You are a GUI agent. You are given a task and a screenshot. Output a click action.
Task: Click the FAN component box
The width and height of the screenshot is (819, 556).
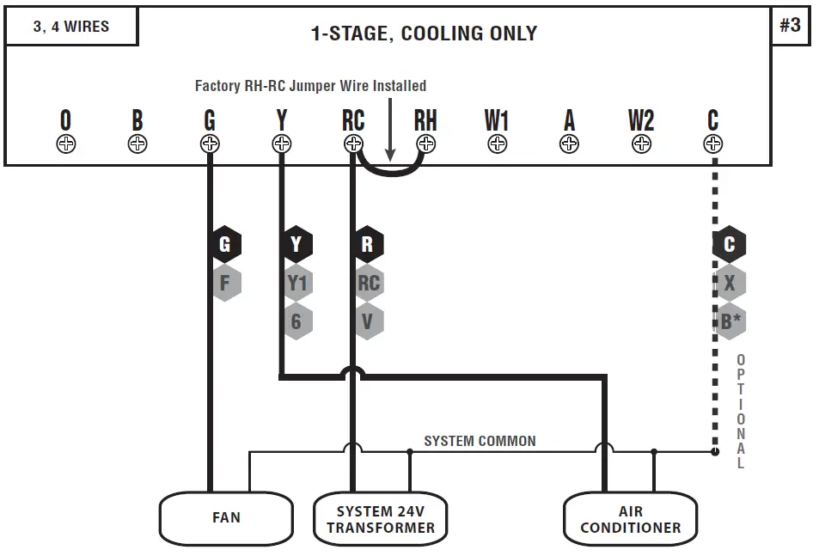pyautogui.click(x=226, y=518)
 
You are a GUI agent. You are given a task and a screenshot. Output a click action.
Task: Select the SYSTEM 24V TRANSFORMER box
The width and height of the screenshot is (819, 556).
pyautogui.click(x=381, y=519)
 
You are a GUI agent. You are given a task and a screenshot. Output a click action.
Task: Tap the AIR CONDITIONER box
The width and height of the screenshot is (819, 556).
pyautogui.click(x=630, y=518)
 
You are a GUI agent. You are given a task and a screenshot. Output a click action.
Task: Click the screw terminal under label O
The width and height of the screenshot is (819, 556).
pyautogui.click(x=66, y=144)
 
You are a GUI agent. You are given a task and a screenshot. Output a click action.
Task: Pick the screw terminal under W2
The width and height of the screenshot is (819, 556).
pyautogui.click(x=641, y=144)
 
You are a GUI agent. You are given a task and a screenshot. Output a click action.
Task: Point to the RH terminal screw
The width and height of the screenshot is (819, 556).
pyautogui.click(x=425, y=144)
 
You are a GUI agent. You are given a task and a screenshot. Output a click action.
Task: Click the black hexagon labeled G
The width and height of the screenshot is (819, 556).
pyautogui.click(x=225, y=245)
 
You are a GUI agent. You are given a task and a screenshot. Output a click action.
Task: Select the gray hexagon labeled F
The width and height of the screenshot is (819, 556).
pyautogui.click(x=225, y=283)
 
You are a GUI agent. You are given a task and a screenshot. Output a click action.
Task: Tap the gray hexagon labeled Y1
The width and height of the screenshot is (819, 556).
pyautogui.click(x=296, y=283)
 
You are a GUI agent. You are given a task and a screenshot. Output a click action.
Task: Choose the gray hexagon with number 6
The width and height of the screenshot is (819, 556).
pyautogui.click(x=296, y=321)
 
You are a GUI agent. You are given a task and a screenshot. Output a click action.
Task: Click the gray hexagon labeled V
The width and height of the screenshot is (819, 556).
pyautogui.click(x=368, y=321)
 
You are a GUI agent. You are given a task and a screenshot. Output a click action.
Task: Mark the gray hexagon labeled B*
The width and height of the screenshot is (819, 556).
pyautogui.click(x=730, y=321)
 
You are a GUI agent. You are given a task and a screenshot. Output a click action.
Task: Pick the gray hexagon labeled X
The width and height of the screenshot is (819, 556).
pyautogui.click(x=730, y=283)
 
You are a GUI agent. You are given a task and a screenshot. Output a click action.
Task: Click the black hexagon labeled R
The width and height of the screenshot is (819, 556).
pyautogui.click(x=368, y=245)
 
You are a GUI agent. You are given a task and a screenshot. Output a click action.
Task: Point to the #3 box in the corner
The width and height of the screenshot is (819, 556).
pyautogui.click(x=791, y=26)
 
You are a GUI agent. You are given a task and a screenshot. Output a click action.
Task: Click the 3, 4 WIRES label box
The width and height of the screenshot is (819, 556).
pyautogui.click(x=71, y=27)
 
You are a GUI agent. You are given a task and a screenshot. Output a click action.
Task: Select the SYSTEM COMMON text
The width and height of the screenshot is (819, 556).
pyautogui.click(x=480, y=441)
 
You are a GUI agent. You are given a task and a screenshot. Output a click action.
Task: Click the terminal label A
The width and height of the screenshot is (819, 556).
pyautogui.click(x=569, y=121)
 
